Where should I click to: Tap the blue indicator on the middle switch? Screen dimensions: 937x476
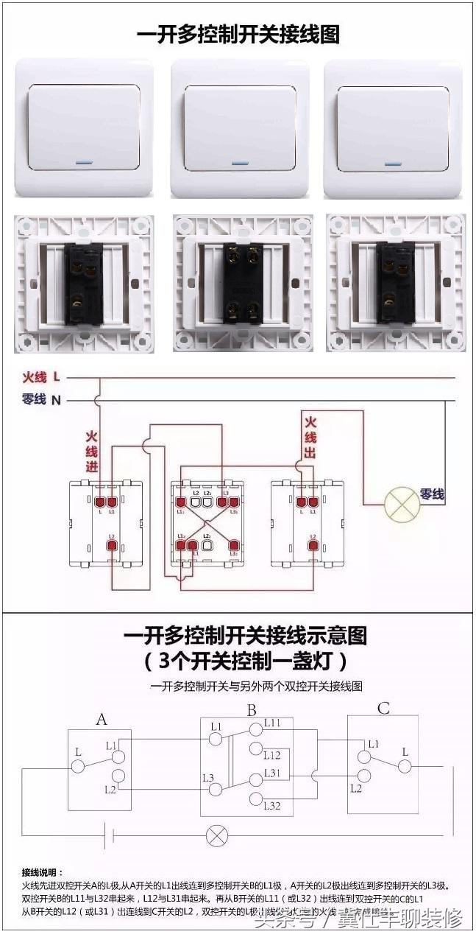tap(240, 162)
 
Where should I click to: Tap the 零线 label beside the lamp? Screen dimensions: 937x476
tap(432, 495)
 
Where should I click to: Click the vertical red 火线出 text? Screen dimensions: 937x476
tap(310, 438)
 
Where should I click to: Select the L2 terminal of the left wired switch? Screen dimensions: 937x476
tap(112, 546)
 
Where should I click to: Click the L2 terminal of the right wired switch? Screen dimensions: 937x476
tap(313, 546)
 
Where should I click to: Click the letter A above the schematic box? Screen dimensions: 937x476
tap(102, 719)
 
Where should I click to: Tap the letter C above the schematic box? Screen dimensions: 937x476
tap(383, 709)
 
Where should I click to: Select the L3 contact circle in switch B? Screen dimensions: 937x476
tap(216, 789)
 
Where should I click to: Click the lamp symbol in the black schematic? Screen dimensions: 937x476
tap(216, 835)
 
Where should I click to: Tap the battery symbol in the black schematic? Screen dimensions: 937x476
tap(110, 835)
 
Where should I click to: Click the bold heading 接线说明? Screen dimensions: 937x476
tap(43, 872)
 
